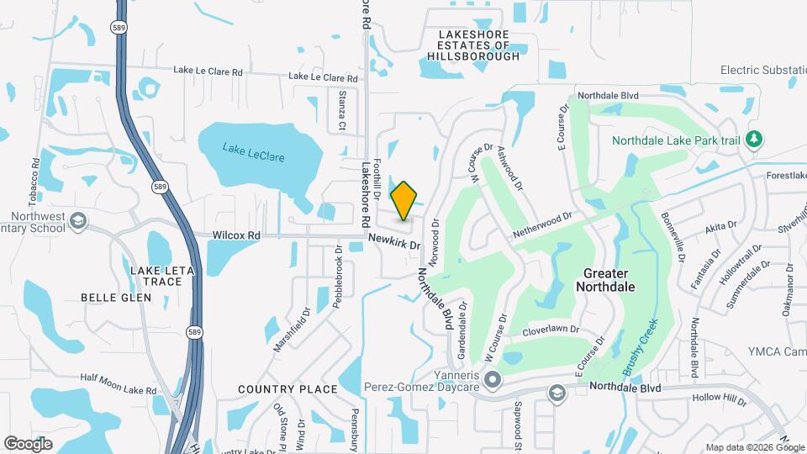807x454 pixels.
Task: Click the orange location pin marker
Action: point(404,200)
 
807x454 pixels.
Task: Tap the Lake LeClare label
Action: point(253,152)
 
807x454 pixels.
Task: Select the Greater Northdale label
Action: point(605,280)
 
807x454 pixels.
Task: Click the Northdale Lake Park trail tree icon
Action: point(755,140)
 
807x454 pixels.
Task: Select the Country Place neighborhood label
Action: point(287,389)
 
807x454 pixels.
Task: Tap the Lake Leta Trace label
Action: point(156,276)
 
